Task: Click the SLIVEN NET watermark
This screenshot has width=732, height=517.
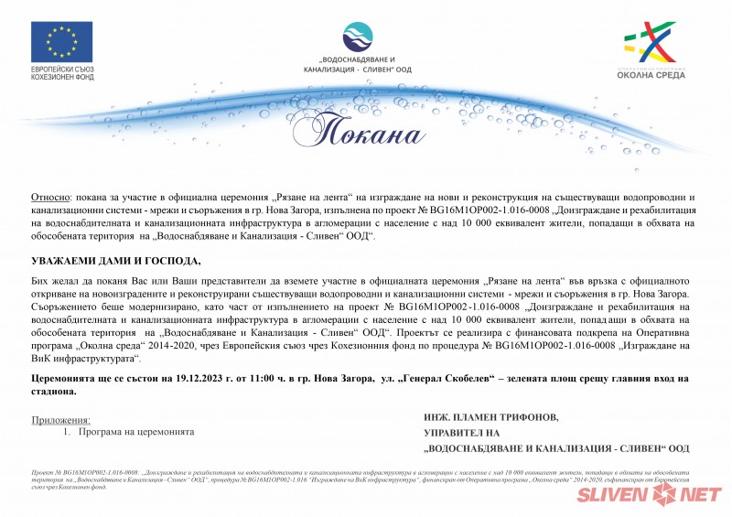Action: (x=648, y=495)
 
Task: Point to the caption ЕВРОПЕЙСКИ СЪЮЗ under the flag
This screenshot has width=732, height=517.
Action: (x=62, y=70)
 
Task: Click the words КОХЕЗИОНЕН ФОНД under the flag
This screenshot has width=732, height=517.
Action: (x=62, y=79)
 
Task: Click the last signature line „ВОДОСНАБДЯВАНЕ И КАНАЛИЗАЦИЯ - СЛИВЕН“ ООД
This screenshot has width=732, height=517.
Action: (x=556, y=448)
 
